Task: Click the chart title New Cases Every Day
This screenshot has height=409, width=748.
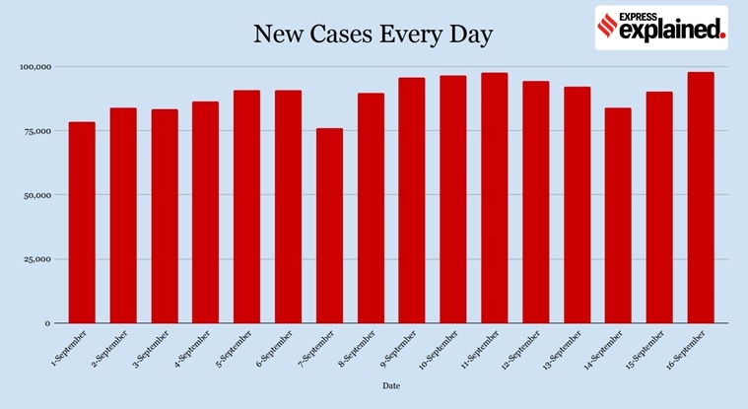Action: click(373, 34)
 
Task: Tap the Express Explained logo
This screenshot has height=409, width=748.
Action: click(661, 28)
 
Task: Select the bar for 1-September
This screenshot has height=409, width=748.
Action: click(82, 223)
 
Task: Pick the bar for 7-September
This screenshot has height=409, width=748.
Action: click(330, 226)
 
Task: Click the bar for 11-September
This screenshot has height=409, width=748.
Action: click(495, 198)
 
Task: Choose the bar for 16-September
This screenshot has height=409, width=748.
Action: click(701, 197)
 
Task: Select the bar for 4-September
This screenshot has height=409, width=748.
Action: click(206, 212)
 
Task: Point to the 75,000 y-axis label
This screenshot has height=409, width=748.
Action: click(34, 131)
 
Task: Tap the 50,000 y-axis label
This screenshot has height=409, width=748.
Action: click(34, 195)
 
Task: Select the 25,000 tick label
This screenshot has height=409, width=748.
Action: click(34, 259)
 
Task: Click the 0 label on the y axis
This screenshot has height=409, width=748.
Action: click(45, 323)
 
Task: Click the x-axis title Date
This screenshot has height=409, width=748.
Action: click(391, 386)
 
